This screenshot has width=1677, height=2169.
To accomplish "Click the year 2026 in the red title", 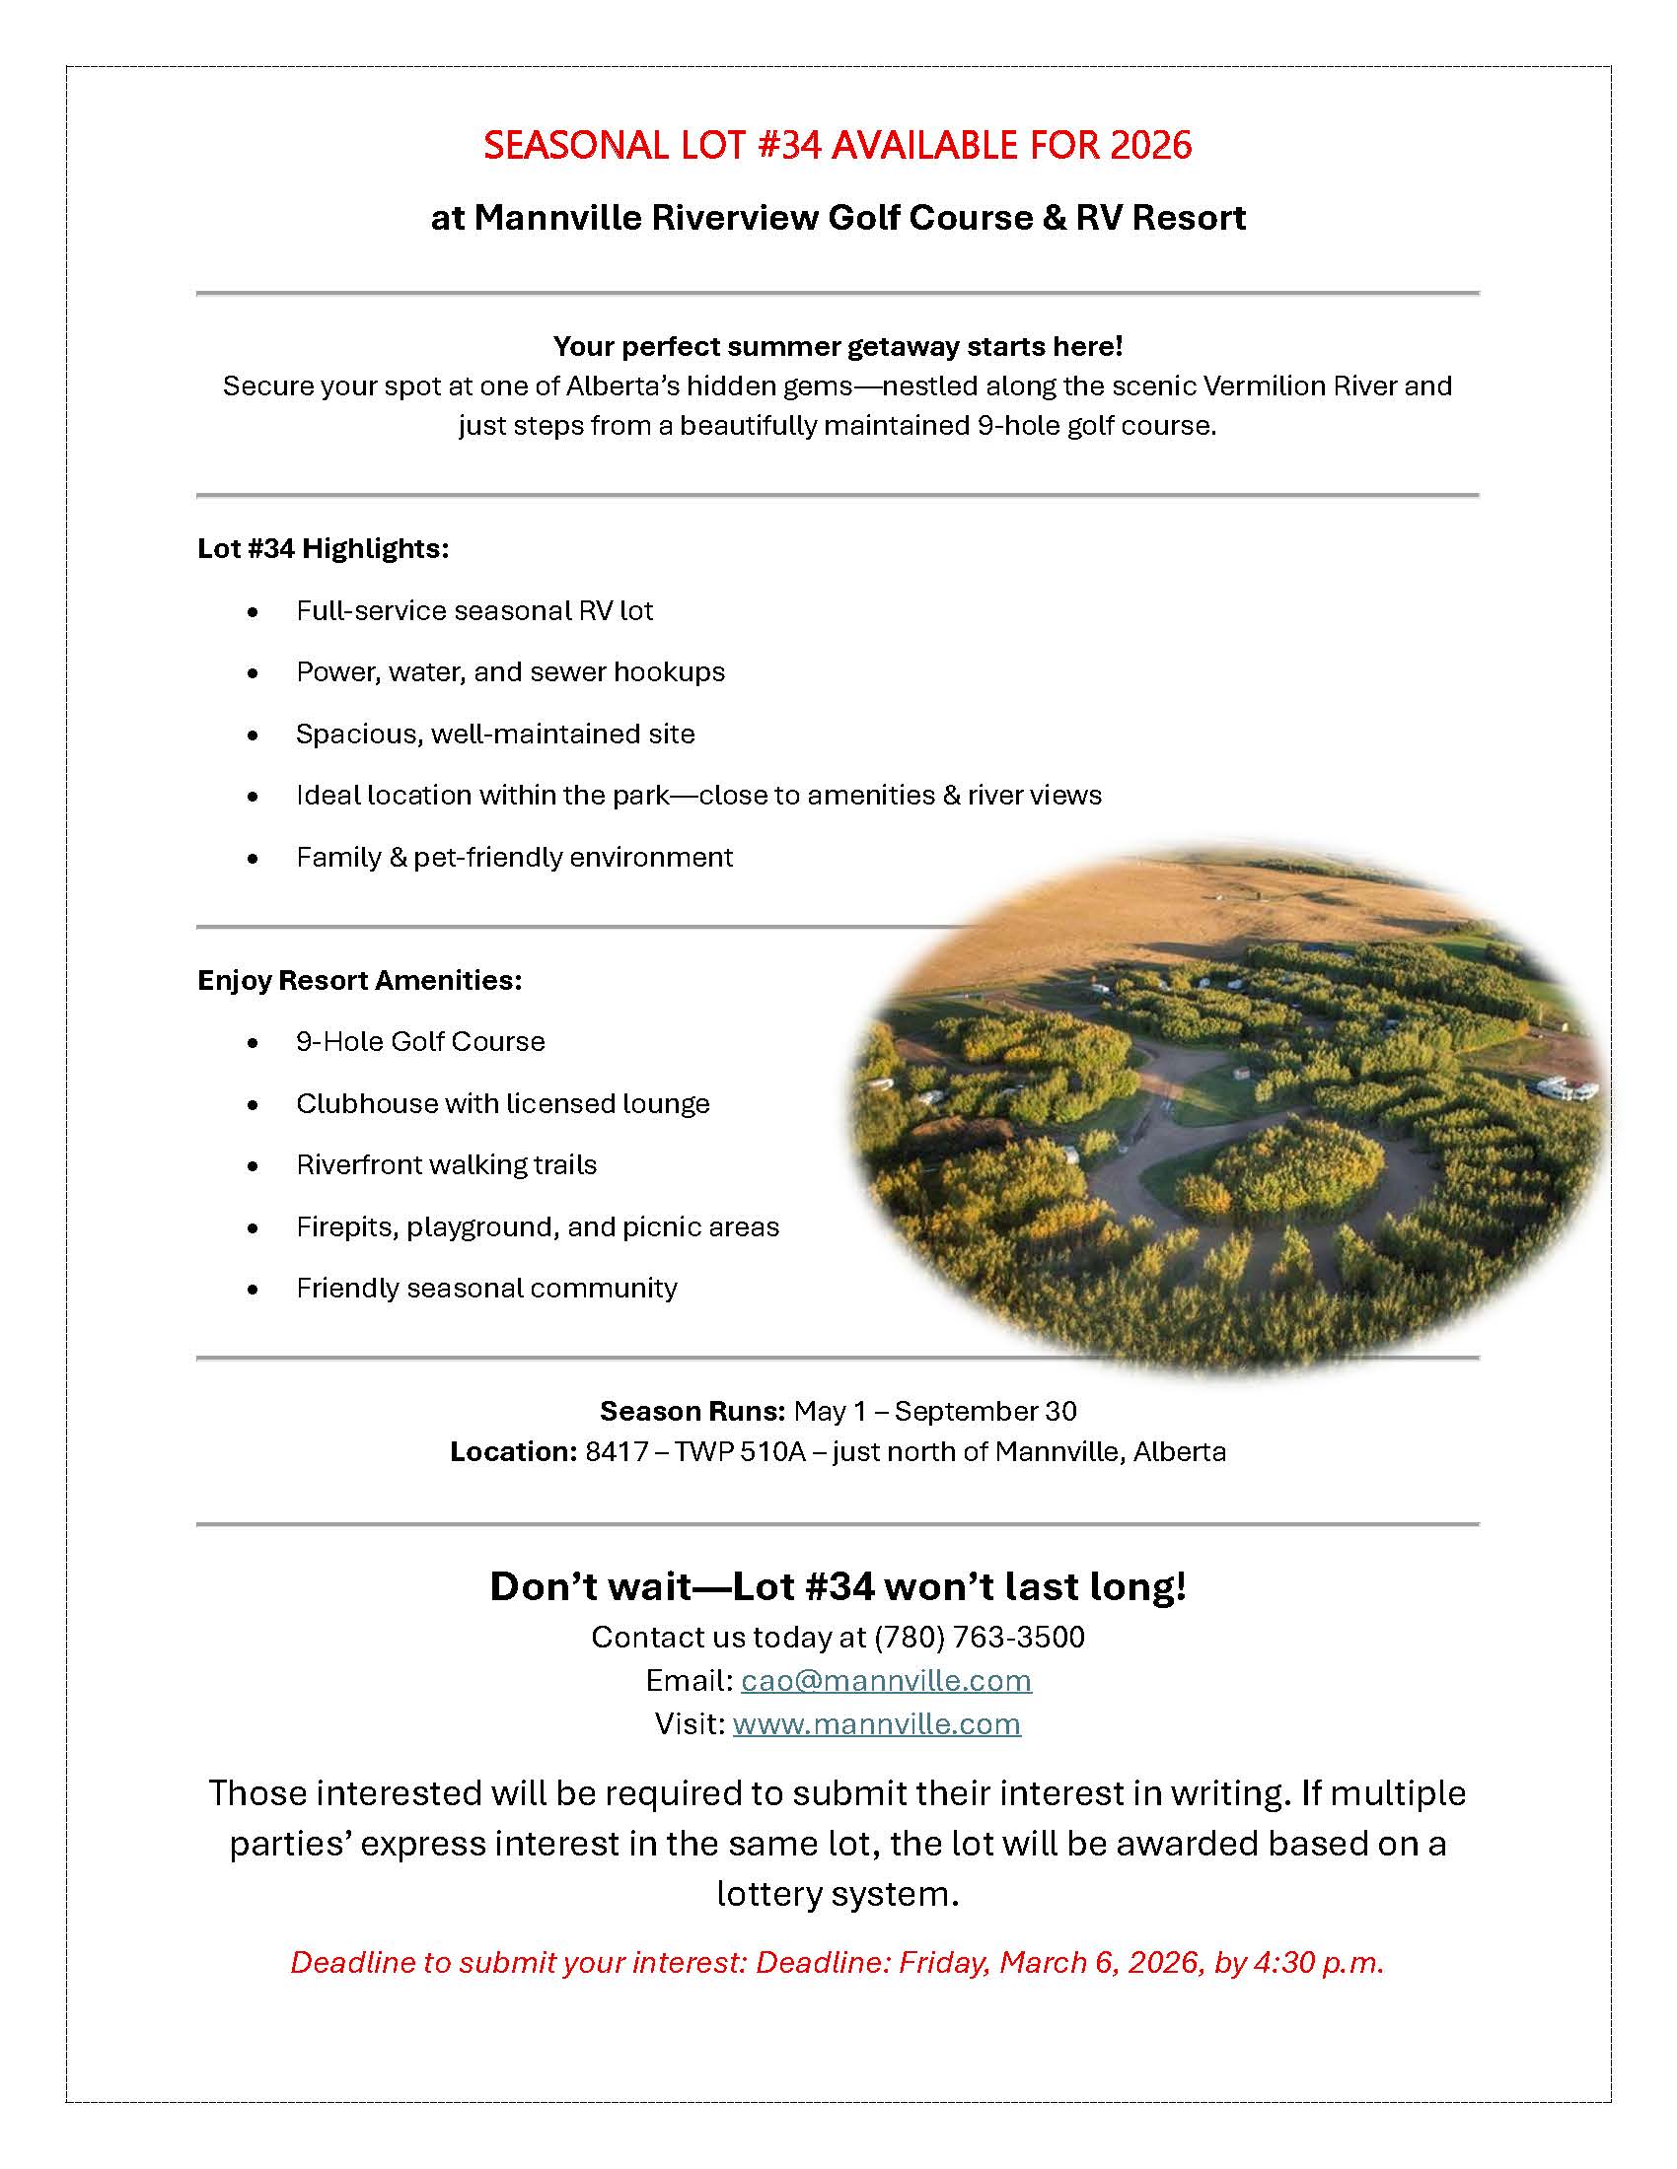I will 1150,145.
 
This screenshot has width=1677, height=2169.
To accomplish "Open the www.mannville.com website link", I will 876,1723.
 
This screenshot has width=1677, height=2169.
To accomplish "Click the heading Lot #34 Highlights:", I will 323,548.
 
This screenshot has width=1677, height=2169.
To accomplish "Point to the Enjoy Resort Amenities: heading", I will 360,980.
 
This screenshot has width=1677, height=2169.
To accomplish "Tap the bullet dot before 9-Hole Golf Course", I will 254,1043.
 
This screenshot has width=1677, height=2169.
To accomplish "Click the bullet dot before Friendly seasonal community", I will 254,1290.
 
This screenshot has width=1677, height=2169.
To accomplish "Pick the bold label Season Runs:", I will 693,1410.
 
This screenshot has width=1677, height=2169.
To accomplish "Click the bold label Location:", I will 513,1451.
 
